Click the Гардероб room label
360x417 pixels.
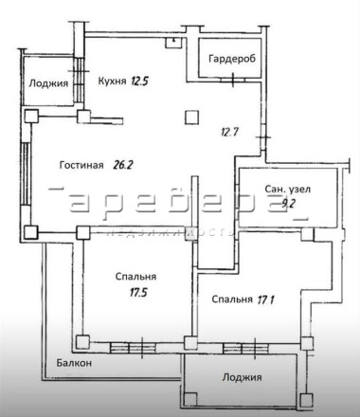click(x=232, y=59)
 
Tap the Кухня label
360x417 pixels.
click(x=112, y=82)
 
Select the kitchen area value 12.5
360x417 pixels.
click(x=139, y=82)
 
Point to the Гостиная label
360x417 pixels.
click(x=81, y=165)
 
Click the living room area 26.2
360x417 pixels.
click(x=122, y=165)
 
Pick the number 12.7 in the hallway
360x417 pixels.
click(x=229, y=132)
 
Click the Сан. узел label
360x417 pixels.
click(x=287, y=189)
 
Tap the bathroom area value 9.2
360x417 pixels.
click(x=288, y=204)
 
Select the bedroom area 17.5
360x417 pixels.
click(x=138, y=293)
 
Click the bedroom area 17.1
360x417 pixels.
click(x=265, y=299)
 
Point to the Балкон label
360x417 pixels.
click(x=74, y=363)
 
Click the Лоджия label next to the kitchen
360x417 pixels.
click(x=48, y=83)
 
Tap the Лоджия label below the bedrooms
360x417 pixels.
click(x=242, y=377)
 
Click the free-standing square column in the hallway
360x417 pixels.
click(x=192, y=118)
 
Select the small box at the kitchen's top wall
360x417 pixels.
click(x=173, y=43)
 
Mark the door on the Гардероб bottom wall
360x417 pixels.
click(x=233, y=80)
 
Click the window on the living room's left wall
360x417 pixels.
click(x=26, y=174)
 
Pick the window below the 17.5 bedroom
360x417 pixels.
click(x=133, y=348)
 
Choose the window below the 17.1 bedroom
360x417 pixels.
click(x=245, y=348)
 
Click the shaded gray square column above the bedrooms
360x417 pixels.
click(x=191, y=234)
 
